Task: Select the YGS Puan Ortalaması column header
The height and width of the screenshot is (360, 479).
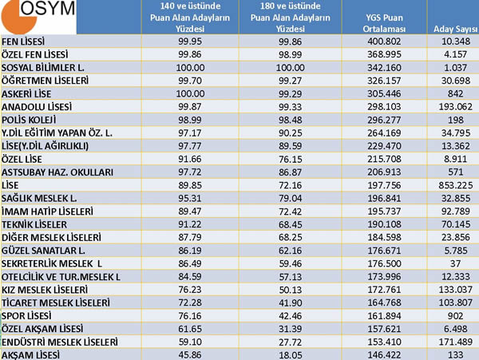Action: (384, 23)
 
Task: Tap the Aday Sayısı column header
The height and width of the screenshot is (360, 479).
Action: (456, 29)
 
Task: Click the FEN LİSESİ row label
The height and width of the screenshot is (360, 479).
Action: (23, 42)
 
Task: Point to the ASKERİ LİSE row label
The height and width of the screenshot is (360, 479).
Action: (26, 93)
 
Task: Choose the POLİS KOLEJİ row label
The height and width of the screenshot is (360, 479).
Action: (29, 120)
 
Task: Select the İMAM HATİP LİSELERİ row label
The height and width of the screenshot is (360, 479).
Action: (47, 212)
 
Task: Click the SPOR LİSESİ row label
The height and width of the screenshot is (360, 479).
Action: (26, 316)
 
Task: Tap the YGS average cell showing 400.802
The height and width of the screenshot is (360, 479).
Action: (384, 42)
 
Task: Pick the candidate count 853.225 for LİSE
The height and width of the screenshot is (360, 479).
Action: (456, 185)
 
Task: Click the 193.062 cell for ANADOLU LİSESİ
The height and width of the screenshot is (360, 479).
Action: (456, 107)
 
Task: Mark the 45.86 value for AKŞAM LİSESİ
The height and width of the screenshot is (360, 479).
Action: (190, 354)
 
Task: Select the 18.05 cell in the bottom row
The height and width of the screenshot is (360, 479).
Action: (291, 354)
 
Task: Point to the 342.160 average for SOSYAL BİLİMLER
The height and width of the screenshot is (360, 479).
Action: (384, 68)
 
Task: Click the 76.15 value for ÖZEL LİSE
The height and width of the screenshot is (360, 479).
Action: (291, 159)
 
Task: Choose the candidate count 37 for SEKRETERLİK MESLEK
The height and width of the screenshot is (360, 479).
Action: (455, 263)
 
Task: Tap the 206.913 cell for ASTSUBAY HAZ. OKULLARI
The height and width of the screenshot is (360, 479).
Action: (384, 172)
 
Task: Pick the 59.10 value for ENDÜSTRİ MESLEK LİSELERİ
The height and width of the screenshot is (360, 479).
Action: (190, 342)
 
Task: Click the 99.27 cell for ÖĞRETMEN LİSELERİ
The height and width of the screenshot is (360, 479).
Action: (291, 81)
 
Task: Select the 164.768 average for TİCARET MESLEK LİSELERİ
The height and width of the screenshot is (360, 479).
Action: (384, 303)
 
